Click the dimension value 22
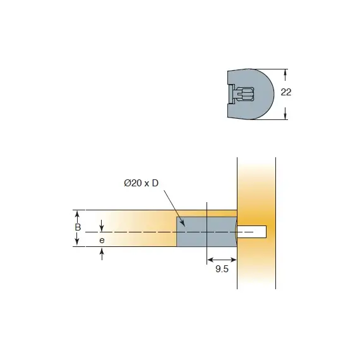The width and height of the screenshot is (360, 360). (x=285, y=92)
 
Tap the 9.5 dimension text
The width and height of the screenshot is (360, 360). (x=222, y=269)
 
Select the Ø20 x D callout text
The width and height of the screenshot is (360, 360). (x=141, y=183)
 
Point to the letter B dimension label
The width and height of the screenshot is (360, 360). (x=78, y=227)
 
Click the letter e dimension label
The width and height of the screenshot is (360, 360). (x=102, y=241)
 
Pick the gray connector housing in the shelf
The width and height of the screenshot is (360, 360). (x=205, y=231)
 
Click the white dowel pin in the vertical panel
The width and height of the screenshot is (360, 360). (x=253, y=232)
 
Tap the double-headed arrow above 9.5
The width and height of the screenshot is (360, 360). (x=222, y=258)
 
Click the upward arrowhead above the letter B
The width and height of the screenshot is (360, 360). (x=78, y=213)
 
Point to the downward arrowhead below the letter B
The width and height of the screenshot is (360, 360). (x=78, y=243)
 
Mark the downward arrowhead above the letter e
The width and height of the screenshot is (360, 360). (x=102, y=228)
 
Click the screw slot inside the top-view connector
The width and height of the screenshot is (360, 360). (x=245, y=94)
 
